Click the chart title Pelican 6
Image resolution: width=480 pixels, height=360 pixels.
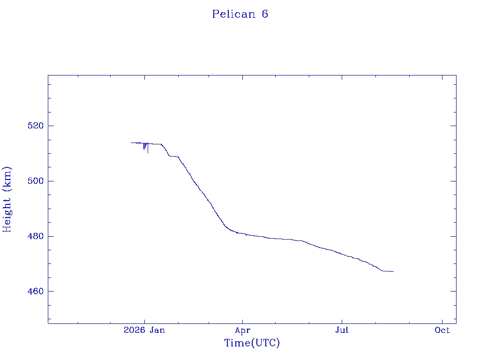click(240, 14)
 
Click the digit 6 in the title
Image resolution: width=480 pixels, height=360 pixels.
click(265, 14)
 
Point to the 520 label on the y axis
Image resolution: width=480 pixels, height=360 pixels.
click(36, 126)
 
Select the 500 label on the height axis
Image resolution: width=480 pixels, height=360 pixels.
click(36, 181)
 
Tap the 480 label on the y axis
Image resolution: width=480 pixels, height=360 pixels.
click(36, 236)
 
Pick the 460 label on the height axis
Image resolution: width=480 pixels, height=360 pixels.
click(36, 292)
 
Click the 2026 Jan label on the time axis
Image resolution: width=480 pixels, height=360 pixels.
click(144, 330)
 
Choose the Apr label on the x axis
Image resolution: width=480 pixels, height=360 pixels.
click(243, 330)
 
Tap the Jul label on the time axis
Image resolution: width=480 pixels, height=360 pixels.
click(342, 330)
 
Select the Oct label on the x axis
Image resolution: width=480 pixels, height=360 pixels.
click(442, 330)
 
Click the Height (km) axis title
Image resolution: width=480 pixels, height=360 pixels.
click(7, 199)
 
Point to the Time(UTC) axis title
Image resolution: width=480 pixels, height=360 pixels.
click(252, 343)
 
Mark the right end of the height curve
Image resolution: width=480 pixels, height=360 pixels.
click(394, 271)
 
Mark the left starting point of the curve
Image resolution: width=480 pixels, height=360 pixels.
click(131, 142)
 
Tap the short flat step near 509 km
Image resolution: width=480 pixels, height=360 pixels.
click(174, 157)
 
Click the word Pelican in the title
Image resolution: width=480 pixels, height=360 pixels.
click(234, 14)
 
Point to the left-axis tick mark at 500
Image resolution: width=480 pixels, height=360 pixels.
click(51, 181)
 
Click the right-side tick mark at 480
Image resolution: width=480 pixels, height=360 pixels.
click(453, 236)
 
